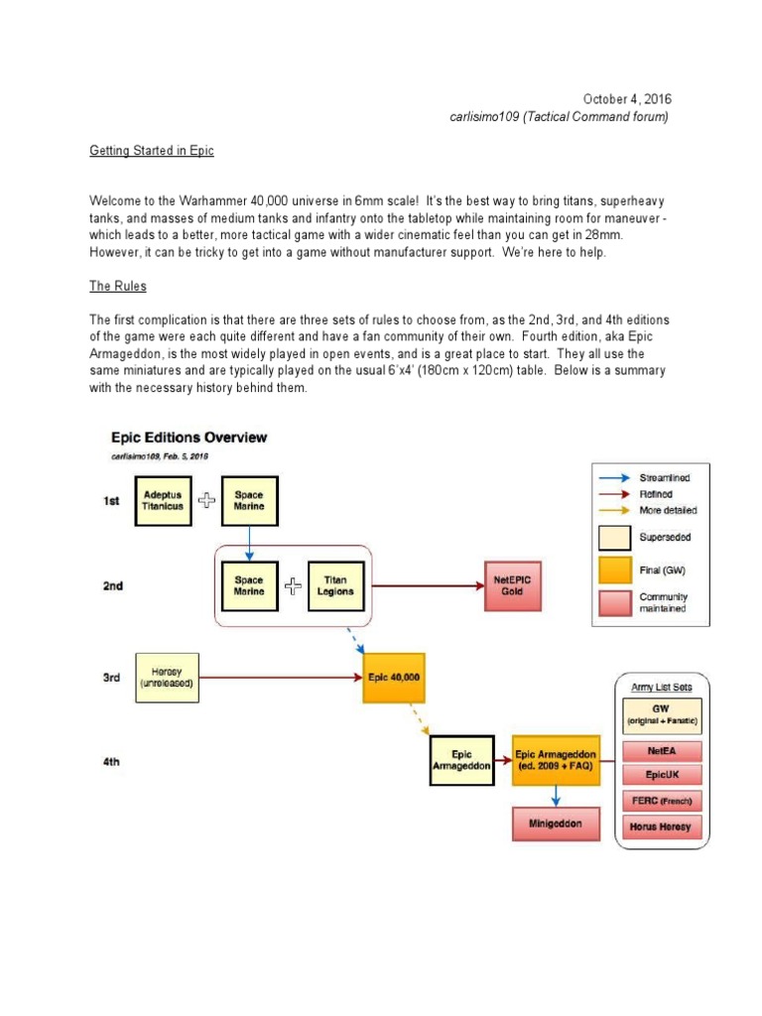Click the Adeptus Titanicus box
[163, 500]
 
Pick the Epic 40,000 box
[395, 678]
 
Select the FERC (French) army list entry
[661, 801]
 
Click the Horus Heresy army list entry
[661, 825]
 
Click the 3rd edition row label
[111, 678]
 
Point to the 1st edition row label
[111, 501]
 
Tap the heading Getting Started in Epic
[151, 151]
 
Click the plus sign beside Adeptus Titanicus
[206, 500]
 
